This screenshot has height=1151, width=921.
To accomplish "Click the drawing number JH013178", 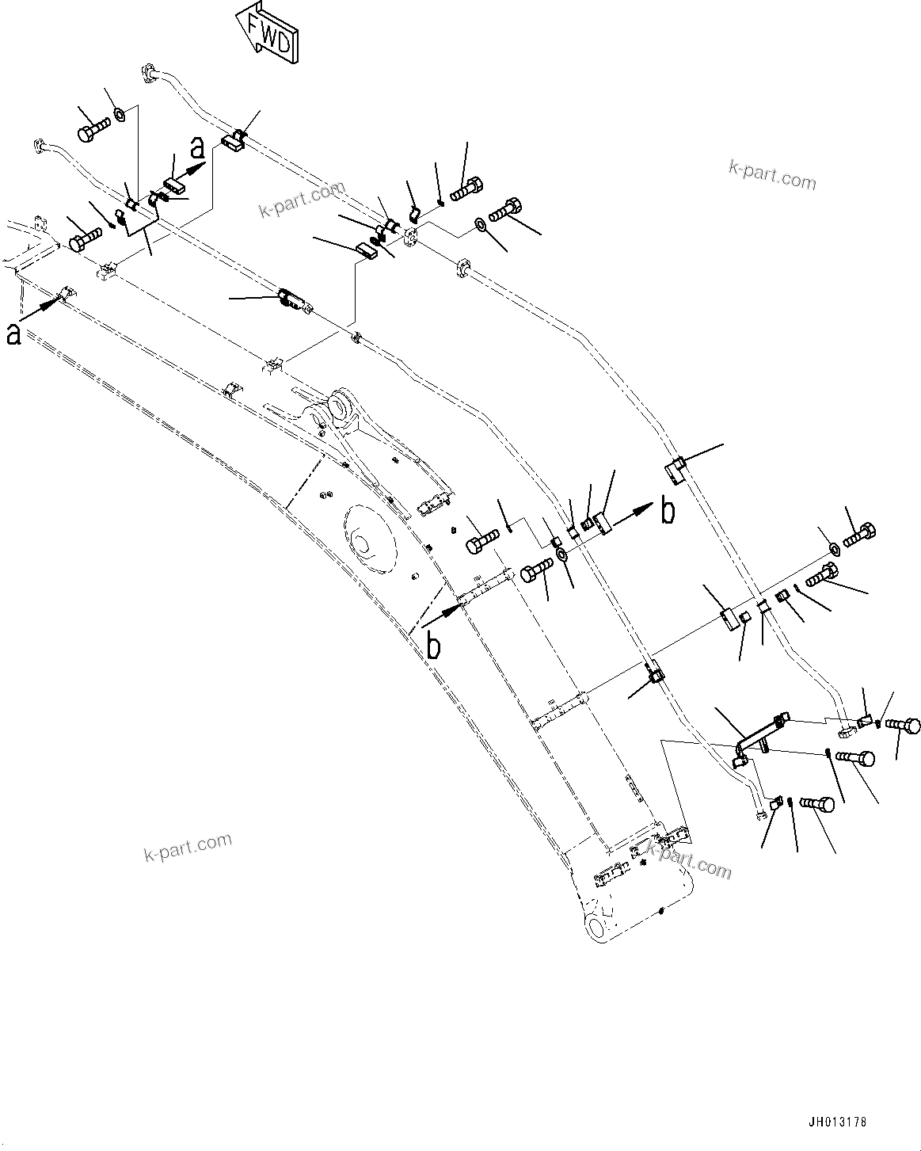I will [837, 1122].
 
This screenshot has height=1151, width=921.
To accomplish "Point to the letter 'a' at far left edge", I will [13, 333].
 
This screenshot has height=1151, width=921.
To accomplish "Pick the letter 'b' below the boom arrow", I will [433, 646].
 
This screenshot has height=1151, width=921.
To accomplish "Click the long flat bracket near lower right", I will [759, 734].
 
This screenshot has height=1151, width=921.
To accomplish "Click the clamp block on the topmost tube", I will [233, 142].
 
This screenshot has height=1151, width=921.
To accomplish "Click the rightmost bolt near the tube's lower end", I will [903, 724].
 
